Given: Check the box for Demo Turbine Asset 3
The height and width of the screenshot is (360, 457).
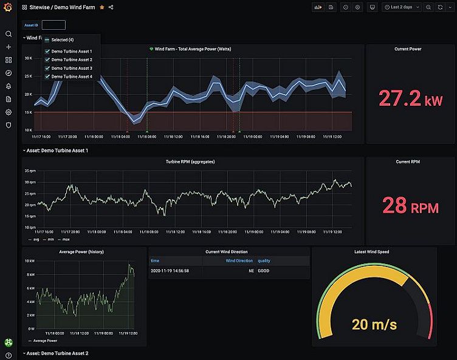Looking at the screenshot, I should (x=47, y=68).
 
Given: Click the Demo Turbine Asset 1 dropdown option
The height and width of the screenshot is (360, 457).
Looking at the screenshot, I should (x=72, y=51).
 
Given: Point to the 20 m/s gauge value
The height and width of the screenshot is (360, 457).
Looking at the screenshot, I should (x=374, y=324).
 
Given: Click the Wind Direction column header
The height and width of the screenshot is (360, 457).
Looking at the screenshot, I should (x=239, y=260).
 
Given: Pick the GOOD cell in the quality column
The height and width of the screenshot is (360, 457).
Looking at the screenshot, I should (x=263, y=271).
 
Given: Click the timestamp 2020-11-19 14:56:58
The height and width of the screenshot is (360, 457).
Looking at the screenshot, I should (x=170, y=271).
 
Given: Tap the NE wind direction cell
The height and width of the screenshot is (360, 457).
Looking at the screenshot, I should (x=250, y=271).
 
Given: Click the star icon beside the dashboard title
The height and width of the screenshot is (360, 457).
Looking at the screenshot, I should (x=101, y=7).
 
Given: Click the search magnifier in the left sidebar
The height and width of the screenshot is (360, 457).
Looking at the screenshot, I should (x=9, y=34).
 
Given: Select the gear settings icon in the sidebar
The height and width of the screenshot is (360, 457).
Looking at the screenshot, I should (x=9, y=112).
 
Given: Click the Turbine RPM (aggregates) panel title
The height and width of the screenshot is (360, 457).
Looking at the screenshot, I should (x=190, y=162).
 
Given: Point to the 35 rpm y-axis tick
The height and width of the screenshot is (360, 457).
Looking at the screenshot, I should (x=30, y=182).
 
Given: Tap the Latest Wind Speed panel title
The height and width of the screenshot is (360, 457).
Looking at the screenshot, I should (x=371, y=251).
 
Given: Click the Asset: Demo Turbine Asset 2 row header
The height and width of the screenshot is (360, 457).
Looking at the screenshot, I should (x=58, y=353).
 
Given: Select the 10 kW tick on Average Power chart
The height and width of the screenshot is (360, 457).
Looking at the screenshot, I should (x=29, y=260).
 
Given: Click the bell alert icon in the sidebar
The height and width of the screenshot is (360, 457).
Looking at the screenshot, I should (x=9, y=86).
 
